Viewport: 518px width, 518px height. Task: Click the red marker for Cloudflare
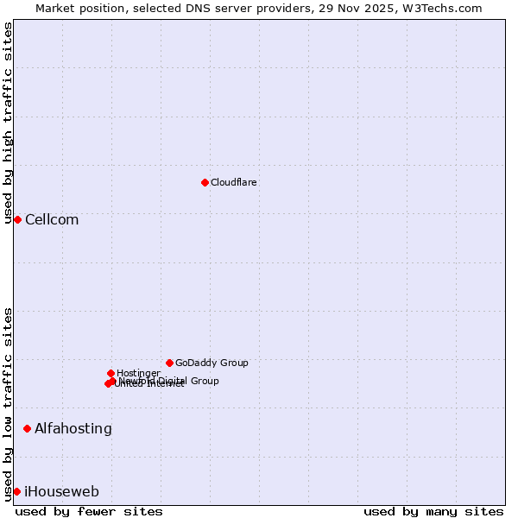(205, 182)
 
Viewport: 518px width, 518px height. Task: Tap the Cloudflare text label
(234, 183)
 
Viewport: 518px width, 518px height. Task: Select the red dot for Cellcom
(17, 219)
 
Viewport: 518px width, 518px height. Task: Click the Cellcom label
(52, 220)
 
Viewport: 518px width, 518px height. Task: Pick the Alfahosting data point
(27, 428)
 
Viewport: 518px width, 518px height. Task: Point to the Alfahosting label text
(73, 429)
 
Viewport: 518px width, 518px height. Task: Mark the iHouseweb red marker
(16, 491)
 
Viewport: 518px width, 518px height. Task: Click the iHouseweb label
(62, 492)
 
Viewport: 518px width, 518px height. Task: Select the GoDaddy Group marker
(169, 363)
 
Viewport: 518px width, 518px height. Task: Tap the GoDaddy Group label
(212, 363)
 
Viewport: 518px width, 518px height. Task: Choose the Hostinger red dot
(111, 373)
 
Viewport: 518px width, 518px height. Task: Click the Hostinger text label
(138, 374)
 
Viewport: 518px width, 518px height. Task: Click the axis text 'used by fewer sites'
(89, 511)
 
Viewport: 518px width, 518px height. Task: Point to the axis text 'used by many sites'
(433, 511)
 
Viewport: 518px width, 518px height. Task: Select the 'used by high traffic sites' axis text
(8, 123)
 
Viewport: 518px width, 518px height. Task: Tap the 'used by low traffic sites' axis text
(8, 404)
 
